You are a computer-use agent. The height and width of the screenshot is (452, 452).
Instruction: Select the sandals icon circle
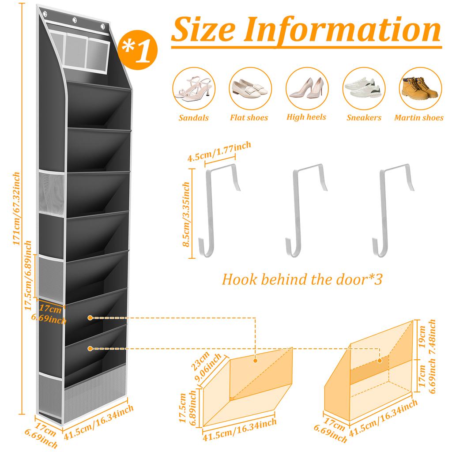[x=191, y=88]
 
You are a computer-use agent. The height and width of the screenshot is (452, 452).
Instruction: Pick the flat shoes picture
[x=248, y=88]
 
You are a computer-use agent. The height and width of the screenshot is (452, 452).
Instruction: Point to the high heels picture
[x=305, y=88]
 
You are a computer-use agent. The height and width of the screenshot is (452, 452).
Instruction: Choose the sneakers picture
[x=363, y=88]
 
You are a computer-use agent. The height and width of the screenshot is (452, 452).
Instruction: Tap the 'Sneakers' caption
[x=364, y=118]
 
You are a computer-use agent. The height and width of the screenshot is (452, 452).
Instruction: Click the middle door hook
[x=307, y=209]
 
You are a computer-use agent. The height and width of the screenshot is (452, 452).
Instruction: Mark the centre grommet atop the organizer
[x=75, y=20]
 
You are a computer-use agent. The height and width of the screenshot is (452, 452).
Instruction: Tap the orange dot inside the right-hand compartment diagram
[x=380, y=361]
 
